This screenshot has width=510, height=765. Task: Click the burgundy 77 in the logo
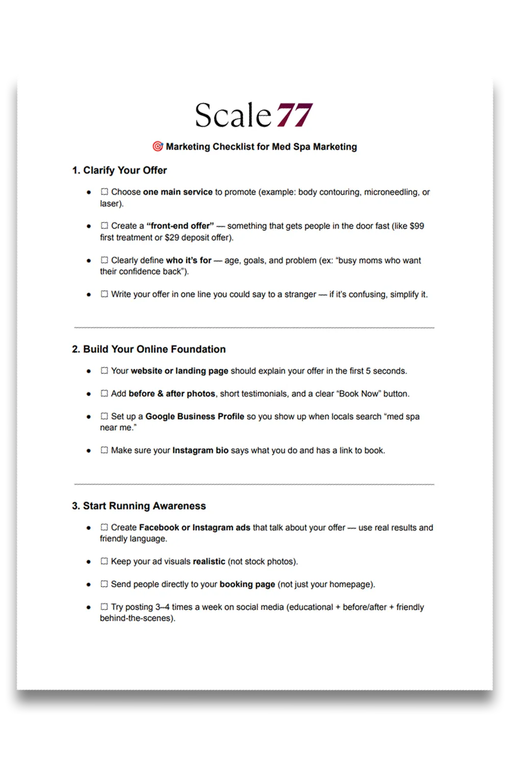[x=294, y=115]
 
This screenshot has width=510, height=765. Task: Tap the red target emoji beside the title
[x=158, y=146]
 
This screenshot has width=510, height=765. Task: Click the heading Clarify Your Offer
[x=119, y=170]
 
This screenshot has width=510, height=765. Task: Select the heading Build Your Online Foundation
[x=148, y=349]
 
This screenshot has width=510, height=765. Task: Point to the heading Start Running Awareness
[x=139, y=506]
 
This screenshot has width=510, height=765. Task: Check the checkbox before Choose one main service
[x=105, y=192]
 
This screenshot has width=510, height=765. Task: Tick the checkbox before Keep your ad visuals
[x=105, y=561]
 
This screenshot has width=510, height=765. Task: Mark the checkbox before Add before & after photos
[x=105, y=393]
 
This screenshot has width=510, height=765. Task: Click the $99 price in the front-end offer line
[x=417, y=226]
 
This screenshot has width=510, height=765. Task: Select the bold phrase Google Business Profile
[x=195, y=416]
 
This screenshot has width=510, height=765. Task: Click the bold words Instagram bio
[x=200, y=450]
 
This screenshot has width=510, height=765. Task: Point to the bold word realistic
[x=209, y=562]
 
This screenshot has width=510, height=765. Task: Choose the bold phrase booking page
[x=247, y=584]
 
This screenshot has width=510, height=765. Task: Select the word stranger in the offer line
[x=300, y=294]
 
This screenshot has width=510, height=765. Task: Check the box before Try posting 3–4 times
[x=105, y=607]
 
